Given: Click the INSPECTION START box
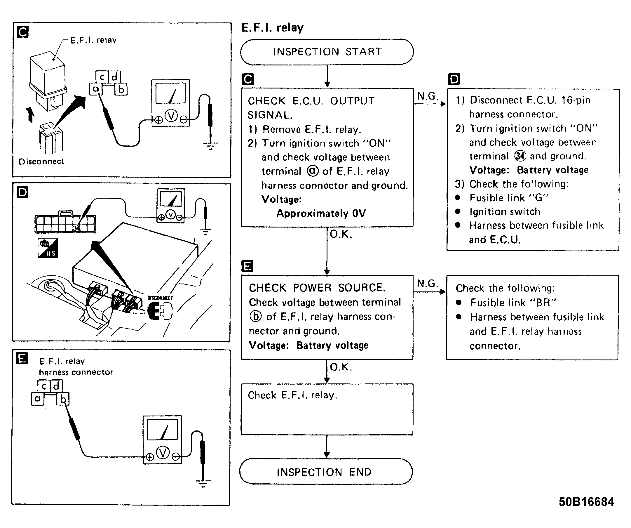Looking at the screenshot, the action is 327,52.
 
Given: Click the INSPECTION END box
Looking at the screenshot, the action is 326,471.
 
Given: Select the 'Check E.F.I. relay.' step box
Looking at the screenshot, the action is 327,409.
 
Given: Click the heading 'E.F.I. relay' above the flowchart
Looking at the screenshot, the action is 273,28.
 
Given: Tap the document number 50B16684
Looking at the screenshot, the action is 586,502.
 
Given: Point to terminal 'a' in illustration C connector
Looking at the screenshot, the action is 96,89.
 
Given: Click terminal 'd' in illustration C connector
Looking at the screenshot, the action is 114,77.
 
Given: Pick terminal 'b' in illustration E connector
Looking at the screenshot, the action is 63,399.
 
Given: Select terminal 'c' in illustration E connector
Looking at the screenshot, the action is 44,386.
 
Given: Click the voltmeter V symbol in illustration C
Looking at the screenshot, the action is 171,116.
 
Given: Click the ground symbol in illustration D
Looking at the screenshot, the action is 205,232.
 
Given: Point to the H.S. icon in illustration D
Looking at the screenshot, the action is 48,248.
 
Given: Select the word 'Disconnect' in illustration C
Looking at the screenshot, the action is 41,161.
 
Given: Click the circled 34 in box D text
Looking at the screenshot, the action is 520,156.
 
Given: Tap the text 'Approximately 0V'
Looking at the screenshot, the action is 321,213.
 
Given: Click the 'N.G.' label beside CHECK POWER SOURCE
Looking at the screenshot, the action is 428,283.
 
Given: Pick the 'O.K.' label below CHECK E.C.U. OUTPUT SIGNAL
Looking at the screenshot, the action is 341,234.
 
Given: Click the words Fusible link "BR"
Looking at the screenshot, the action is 513,303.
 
